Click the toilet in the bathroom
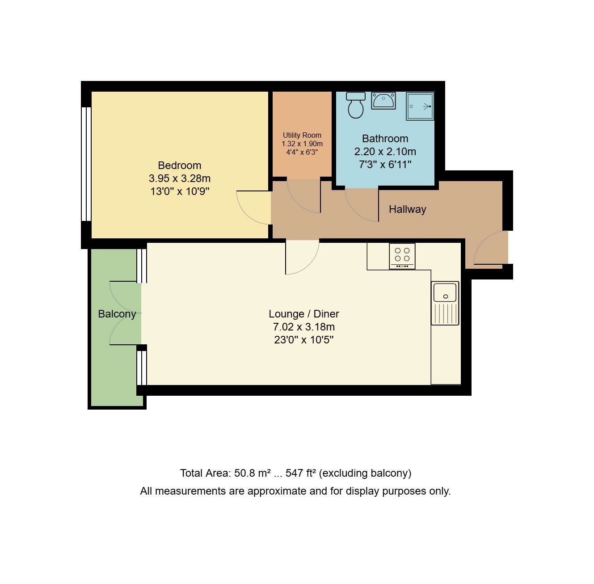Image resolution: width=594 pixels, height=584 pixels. (x=356, y=105)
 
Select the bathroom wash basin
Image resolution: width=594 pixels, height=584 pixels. (x=383, y=101)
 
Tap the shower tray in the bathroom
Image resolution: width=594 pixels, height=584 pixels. (x=420, y=106)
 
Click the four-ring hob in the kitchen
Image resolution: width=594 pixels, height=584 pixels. (x=402, y=256)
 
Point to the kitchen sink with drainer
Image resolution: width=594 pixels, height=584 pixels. (x=445, y=303)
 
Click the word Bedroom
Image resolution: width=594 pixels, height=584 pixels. (x=180, y=165)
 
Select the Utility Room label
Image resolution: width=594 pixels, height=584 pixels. (x=302, y=135)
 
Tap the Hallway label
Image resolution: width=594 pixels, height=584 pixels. (x=408, y=209)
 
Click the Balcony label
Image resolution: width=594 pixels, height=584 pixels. (x=117, y=314)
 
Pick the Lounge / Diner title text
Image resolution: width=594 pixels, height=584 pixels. (x=304, y=314)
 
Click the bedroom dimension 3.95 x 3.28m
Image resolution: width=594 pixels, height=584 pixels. (x=180, y=178)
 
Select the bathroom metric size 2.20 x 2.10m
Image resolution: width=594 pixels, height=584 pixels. (x=385, y=152)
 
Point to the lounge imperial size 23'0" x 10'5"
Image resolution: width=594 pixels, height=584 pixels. (x=304, y=340)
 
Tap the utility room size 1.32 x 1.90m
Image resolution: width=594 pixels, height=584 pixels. (x=302, y=144)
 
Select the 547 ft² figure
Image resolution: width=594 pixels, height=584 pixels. (x=301, y=473)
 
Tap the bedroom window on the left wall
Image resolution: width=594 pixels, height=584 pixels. (x=86, y=164)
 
